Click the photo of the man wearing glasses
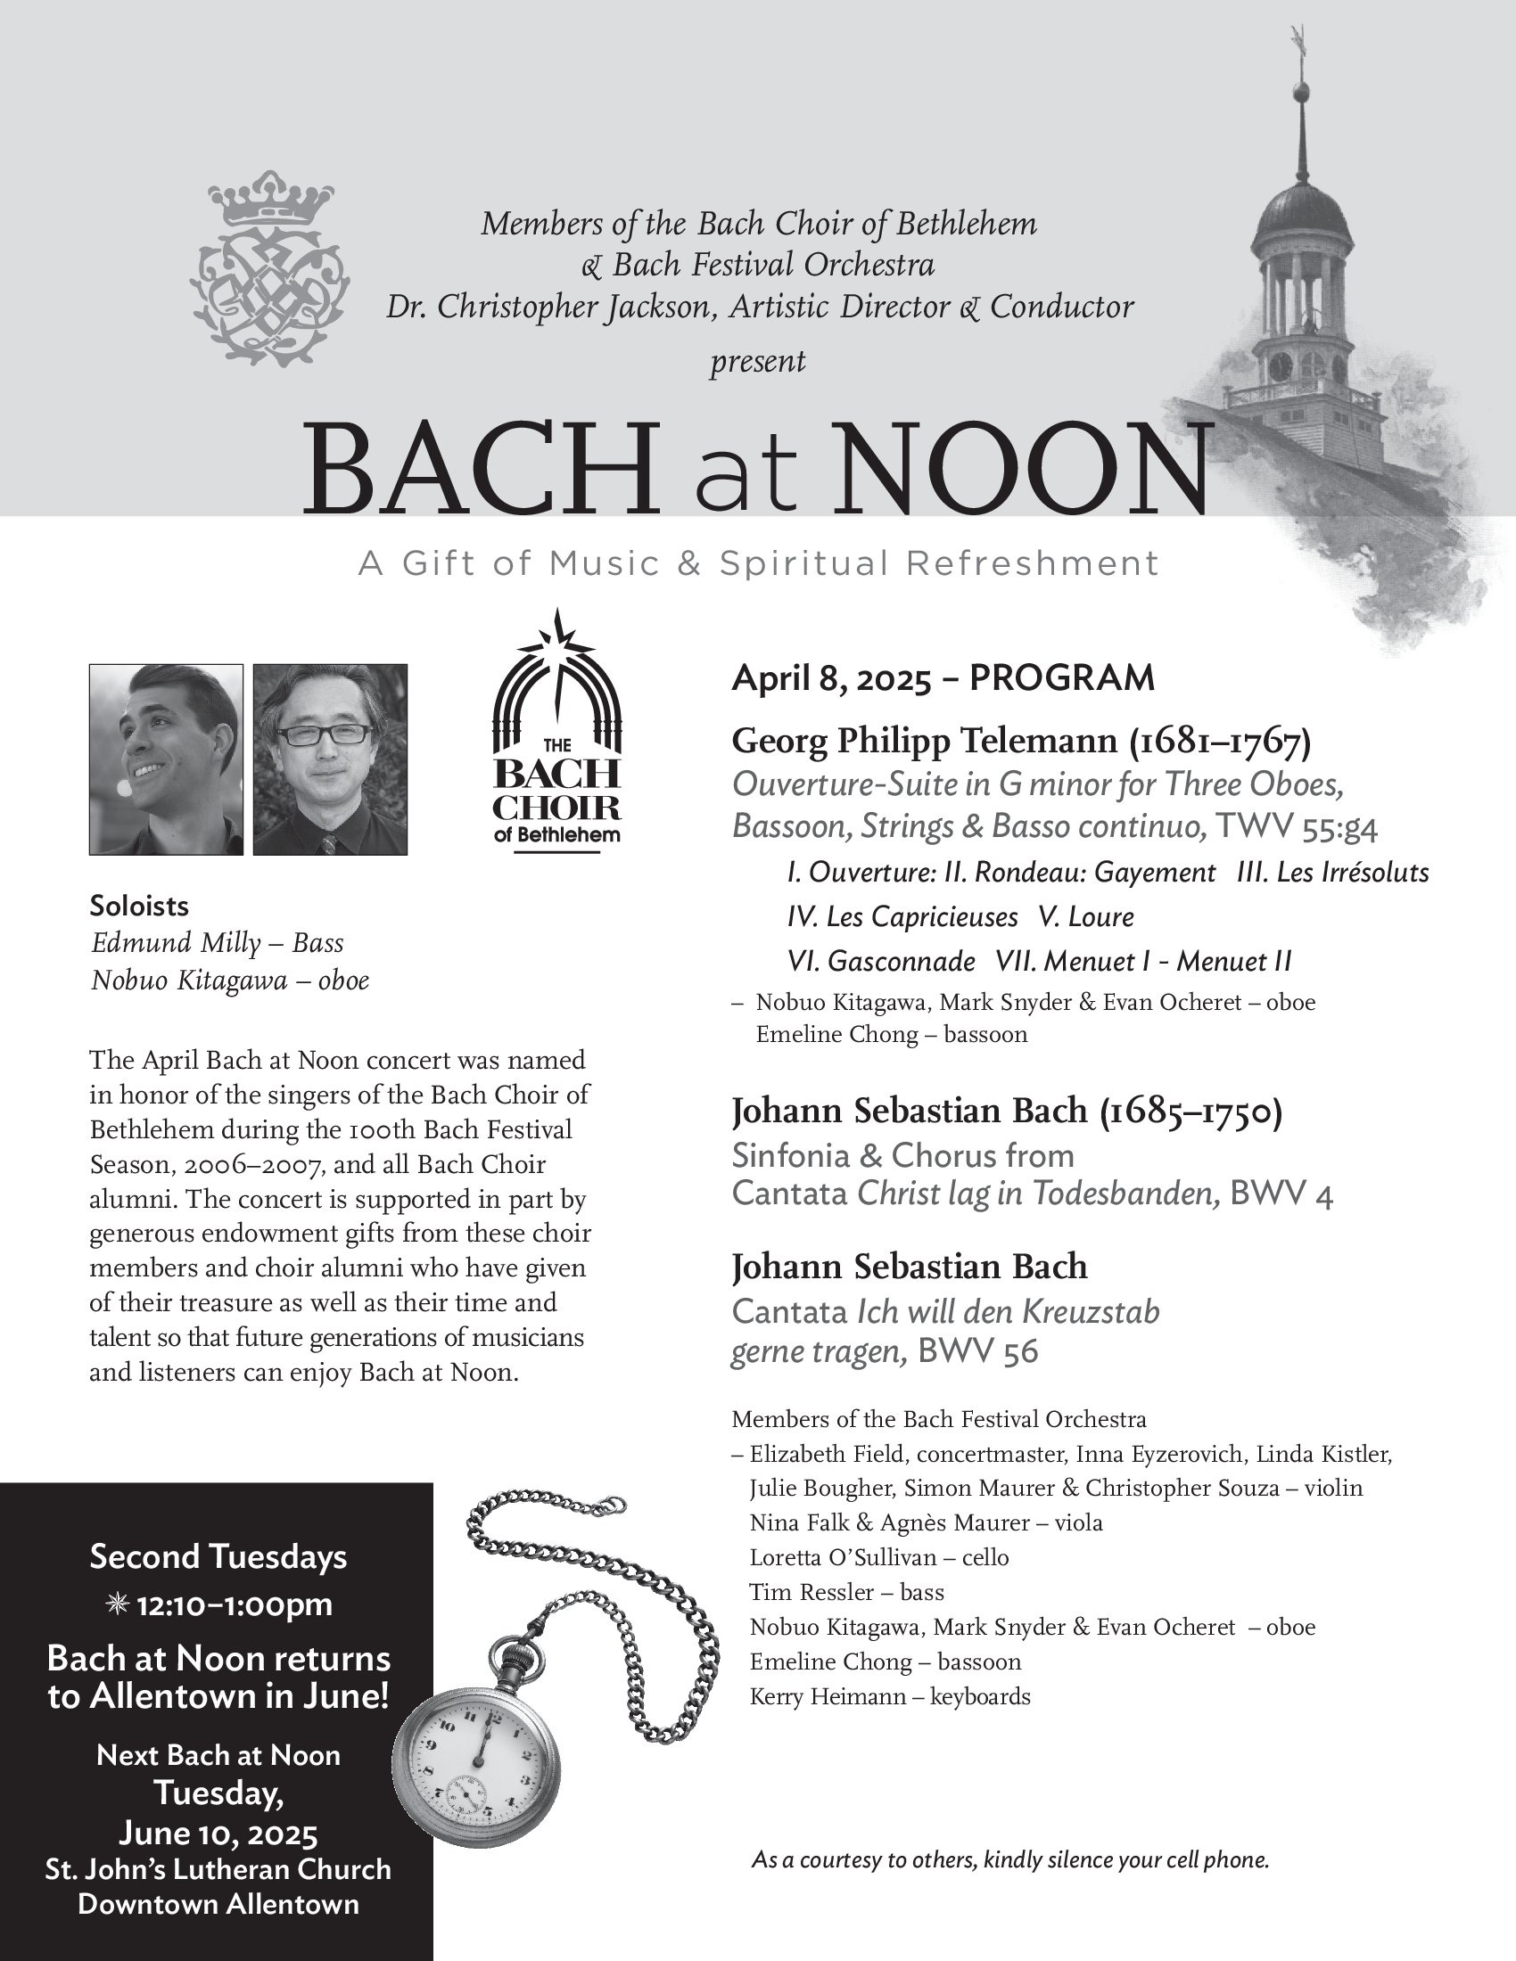[330, 759]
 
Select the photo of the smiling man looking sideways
[166, 759]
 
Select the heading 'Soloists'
[139, 906]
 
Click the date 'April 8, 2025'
[831, 679]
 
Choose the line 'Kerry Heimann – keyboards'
[889, 1697]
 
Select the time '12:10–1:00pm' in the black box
[234, 1604]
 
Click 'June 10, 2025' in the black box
[218, 1833]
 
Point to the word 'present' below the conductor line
[757, 362]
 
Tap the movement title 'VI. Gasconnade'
[880, 962]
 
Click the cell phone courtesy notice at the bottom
[1009, 1859]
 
